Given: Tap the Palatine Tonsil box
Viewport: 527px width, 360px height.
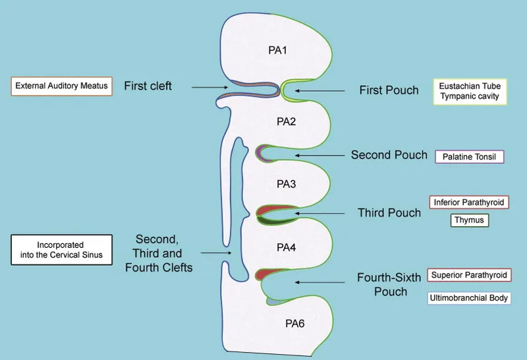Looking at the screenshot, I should tap(469, 156).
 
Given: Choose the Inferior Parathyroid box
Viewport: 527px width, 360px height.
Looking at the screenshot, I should tap(469, 202).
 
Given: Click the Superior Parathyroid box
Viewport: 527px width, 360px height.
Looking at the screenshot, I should tap(469, 274).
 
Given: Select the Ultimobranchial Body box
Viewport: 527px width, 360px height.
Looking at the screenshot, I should tap(469, 298).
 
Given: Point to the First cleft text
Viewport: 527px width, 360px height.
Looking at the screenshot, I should tap(148, 86).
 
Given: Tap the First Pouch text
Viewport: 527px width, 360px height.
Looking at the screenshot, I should tap(389, 90).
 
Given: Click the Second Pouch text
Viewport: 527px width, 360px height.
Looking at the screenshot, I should tap(389, 156).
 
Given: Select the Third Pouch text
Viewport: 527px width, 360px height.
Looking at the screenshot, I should tap(389, 212).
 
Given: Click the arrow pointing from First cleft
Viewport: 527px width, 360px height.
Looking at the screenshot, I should tap(209, 86).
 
